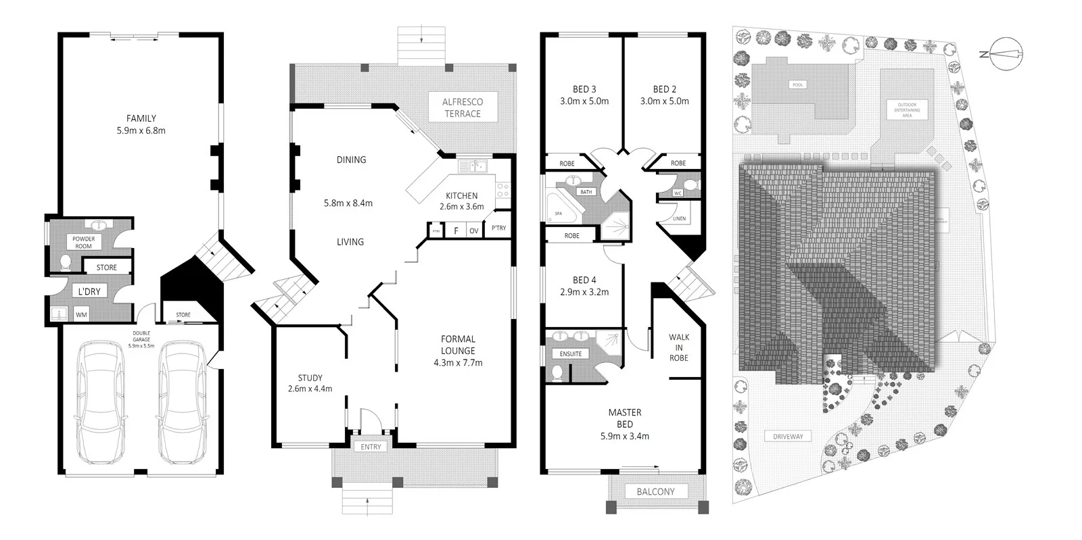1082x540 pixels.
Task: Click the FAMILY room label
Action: [x=141, y=118]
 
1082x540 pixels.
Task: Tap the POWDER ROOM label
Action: [x=83, y=242]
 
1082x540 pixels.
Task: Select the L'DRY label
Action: [x=89, y=291]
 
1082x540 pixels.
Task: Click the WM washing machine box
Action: [x=81, y=314]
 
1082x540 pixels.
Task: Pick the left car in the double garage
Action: [x=101, y=403]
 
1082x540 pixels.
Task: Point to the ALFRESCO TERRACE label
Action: [x=463, y=107]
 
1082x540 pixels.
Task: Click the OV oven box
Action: [x=474, y=231]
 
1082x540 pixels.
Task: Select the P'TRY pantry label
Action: [x=499, y=228]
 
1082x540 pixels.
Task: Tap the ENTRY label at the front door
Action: [x=371, y=447]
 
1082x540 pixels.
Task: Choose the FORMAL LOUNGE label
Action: [x=458, y=345]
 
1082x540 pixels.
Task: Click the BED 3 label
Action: [x=584, y=89]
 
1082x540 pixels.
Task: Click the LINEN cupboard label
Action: [x=680, y=219]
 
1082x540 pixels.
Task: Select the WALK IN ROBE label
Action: [x=679, y=347]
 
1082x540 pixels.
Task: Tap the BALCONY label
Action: [x=655, y=491]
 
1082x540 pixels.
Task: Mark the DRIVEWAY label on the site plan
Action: [x=788, y=437]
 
